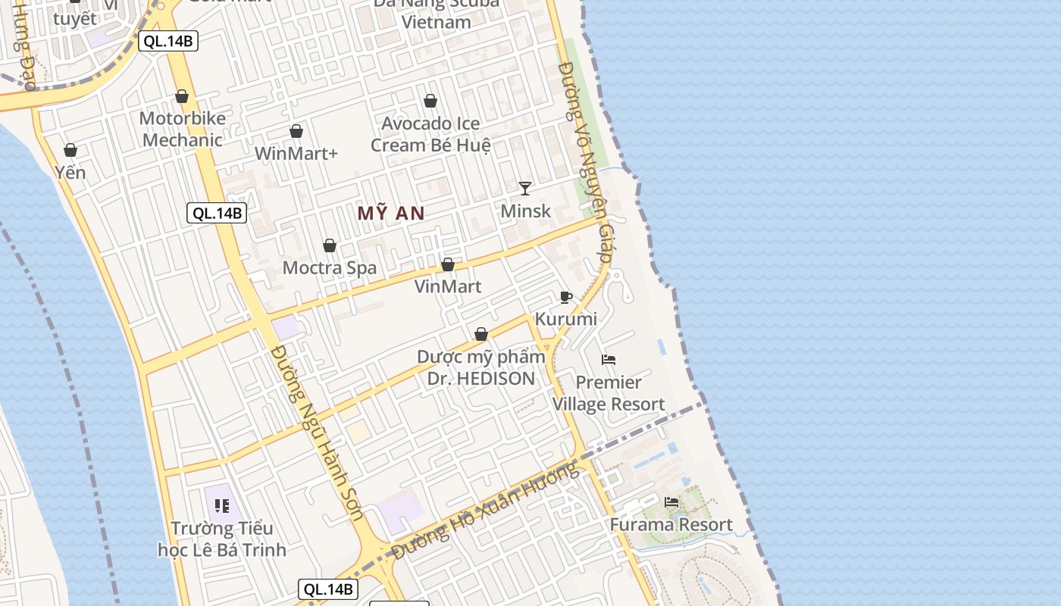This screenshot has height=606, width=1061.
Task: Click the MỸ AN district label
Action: [x=391, y=214]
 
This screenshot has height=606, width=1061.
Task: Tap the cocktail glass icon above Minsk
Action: [x=525, y=188]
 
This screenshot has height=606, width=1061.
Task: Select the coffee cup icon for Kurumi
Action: [x=565, y=297]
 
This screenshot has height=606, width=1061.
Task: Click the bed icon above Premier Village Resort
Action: [x=609, y=359]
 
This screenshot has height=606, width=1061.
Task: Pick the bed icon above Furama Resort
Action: [x=671, y=501]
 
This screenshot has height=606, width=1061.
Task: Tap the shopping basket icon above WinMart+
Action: [x=296, y=131]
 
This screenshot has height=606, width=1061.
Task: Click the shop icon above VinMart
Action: [x=448, y=264]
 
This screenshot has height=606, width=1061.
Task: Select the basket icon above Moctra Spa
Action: [x=330, y=245]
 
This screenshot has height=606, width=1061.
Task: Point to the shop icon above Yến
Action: [x=70, y=150]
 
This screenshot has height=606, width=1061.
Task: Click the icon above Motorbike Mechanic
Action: [x=182, y=96]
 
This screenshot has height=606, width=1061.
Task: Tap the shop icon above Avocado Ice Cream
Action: [x=430, y=101]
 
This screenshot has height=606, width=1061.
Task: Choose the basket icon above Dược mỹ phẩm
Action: [x=481, y=334]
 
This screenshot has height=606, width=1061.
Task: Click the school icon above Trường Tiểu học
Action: [x=222, y=505]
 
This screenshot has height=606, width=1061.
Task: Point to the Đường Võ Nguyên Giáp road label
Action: [x=585, y=163]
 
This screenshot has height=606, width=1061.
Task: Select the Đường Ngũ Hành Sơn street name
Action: [x=318, y=433]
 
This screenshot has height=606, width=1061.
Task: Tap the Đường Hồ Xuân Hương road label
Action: [x=486, y=509]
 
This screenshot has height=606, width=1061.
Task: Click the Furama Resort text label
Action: [x=671, y=525]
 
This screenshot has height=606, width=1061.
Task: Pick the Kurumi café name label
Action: [x=566, y=319]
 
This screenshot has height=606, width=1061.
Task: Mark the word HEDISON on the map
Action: [x=493, y=378]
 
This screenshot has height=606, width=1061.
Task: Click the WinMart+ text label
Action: [x=296, y=153]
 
